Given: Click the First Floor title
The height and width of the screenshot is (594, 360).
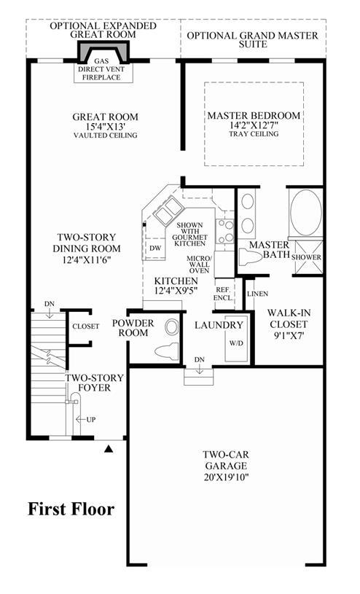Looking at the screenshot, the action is pyautogui.click(x=71, y=509).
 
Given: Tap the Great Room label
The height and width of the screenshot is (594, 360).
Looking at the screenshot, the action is pyautogui.click(x=106, y=117).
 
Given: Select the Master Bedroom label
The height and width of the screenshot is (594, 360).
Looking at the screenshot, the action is pyautogui.click(x=254, y=116).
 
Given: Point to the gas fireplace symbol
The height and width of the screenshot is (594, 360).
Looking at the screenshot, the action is pyautogui.click(x=103, y=52).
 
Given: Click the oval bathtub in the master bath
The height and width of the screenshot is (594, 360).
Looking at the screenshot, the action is pyautogui.click(x=306, y=213).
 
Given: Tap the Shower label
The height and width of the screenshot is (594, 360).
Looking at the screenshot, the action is pyautogui.click(x=306, y=257).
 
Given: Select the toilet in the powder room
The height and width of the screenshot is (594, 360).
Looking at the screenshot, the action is pyautogui.click(x=166, y=351).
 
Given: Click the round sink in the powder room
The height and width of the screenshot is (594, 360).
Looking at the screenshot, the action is pyautogui.click(x=172, y=327).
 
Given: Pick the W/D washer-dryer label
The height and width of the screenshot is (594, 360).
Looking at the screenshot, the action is pyautogui.click(x=236, y=343).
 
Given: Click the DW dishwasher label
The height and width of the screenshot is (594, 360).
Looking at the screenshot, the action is pyautogui.click(x=155, y=248).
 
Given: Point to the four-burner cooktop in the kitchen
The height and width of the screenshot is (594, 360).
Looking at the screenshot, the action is pyautogui.click(x=224, y=231).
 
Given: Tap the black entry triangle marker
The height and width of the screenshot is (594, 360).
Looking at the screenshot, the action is pyautogui.click(x=109, y=449).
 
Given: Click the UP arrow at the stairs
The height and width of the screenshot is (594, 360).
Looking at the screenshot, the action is pyautogui.click(x=81, y=419).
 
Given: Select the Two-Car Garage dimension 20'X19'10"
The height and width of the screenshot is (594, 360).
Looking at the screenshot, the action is pyautogui.click(x=225, y=477).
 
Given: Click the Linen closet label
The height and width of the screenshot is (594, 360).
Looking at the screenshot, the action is pyautogui.click(x=258, y=294).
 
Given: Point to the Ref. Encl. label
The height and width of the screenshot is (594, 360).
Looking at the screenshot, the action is pyautogui.click(x=223, y=294).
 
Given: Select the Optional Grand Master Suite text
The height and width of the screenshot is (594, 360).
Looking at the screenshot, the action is pyautogui.click(x=253, y=40).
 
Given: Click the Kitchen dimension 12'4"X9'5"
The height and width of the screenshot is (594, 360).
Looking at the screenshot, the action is pyautogui.click(x=176, y=292).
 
